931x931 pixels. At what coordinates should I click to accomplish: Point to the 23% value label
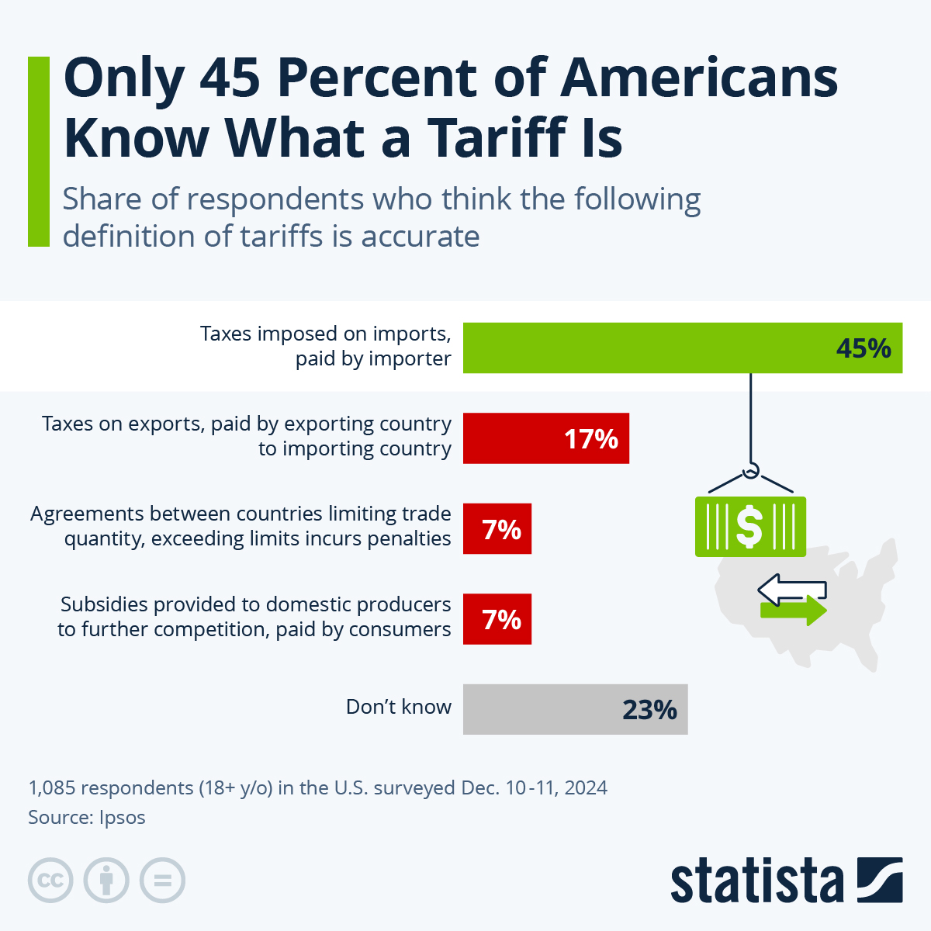(649, 710)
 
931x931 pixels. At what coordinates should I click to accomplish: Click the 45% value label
(864, 348)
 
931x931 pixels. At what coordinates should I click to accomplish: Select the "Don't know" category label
(398, 707)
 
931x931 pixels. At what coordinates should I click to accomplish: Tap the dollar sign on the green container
(749, 527)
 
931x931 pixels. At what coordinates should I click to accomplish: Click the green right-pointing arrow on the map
(794, 610)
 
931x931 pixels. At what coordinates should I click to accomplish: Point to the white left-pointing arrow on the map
(791, 589)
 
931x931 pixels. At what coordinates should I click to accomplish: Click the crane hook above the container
(750, 471)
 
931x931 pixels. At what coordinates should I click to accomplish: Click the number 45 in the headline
(229, 78)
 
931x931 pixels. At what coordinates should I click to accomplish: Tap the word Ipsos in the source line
(122, 817)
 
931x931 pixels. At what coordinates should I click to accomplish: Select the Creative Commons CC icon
(50, 881)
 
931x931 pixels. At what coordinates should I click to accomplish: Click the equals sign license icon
(162, 881)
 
